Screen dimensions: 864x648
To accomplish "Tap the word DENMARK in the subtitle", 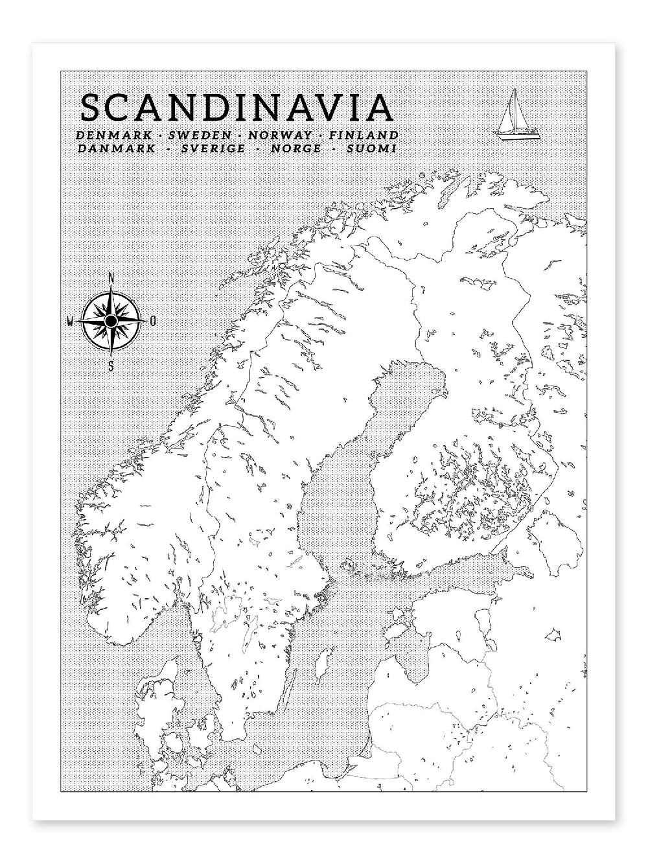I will (114, 135).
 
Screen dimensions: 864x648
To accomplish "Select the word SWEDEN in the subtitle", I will (200, 135).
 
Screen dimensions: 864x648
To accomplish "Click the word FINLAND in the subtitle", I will (363, 135).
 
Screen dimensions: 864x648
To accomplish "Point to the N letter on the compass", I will (111, 279).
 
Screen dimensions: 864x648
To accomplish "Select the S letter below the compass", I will (111, 366).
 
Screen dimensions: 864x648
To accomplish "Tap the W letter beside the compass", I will (71, 321).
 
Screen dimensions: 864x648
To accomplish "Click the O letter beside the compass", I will (152, 321).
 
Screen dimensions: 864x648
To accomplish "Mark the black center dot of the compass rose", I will (111, 321).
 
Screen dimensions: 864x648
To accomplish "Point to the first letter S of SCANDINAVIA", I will (91, 108).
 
